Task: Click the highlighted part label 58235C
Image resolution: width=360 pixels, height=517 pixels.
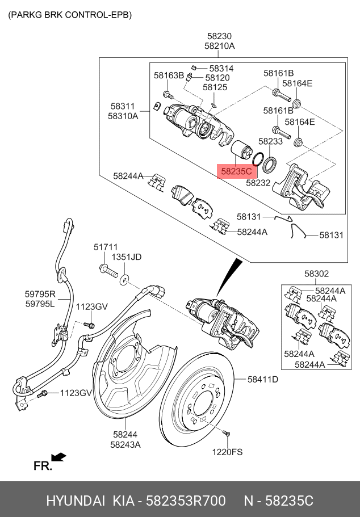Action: tap(236, 171)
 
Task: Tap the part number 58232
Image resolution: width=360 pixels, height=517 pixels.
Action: tap(258, 183)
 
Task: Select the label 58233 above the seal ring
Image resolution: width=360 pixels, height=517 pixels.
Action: tap(270, 141)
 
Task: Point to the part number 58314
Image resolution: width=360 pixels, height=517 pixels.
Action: tap(221, 68)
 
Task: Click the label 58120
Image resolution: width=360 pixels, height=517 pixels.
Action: tap(217, 78)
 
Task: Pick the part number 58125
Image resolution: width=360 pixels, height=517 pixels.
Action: tap(215, 87)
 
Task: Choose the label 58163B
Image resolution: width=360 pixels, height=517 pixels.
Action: tap(169, 75)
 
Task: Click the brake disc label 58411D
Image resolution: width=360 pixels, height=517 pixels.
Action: tap(263, 380)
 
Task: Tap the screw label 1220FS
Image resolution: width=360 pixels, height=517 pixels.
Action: tap(227, 452)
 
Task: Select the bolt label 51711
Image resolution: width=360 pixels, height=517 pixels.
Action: tap(106, 247)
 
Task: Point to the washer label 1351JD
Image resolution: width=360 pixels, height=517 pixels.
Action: tap(127, 257)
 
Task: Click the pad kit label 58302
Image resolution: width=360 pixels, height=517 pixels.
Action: tap(316, 274)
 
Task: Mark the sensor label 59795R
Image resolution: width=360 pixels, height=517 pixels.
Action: tap(40, 294)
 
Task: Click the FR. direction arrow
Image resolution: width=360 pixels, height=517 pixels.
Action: tap(58, 457)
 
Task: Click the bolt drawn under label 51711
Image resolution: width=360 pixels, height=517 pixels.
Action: tap(108, 271)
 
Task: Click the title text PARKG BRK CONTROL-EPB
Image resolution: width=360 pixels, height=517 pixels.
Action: tap(70, 15)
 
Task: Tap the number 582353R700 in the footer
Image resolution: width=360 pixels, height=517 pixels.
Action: tap(186, 501)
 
